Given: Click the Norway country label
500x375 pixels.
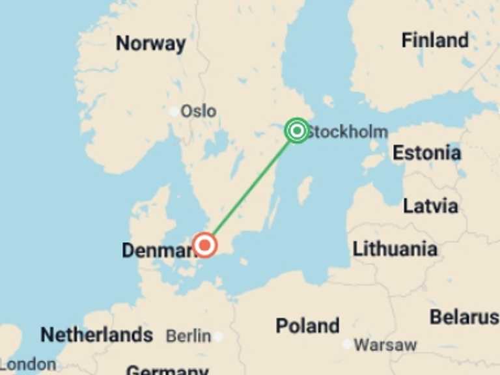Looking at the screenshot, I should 150,44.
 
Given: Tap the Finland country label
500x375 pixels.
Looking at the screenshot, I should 434,40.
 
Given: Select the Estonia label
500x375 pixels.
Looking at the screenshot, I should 426,153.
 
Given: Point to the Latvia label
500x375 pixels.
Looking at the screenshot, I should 430,206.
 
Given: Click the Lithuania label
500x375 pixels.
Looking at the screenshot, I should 395,249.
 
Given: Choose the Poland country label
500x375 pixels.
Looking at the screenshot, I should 307,326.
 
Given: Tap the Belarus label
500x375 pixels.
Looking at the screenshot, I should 464,317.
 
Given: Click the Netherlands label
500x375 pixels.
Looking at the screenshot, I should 96,335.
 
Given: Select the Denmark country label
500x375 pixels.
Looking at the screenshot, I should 156,250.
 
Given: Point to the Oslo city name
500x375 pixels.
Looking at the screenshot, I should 198,111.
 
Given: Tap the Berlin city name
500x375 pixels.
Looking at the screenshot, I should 188,336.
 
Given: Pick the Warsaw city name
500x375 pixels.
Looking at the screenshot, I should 385,344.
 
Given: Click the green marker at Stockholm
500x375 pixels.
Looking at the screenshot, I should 297,131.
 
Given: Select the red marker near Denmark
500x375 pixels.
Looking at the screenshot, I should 205,245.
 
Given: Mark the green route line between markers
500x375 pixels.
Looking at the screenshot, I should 251,188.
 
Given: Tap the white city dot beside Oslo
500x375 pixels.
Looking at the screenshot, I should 174,111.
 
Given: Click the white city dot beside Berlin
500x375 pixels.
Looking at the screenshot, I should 218,337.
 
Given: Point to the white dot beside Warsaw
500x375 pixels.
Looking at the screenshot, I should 346,344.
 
